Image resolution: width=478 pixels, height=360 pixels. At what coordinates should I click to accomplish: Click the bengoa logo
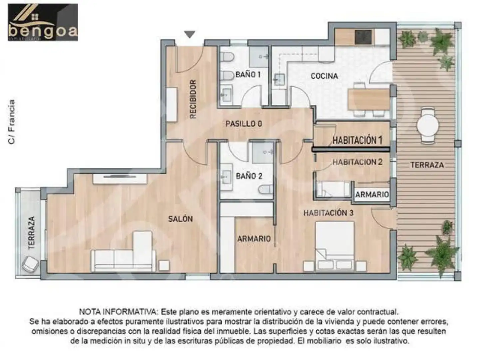click(x=43, y=22)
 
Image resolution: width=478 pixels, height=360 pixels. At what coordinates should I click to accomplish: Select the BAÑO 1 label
click(x=248, y=75)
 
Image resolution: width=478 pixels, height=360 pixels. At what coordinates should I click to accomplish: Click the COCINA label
click(x=324, y=76)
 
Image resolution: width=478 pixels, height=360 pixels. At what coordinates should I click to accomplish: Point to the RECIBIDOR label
click(x=193, y=99)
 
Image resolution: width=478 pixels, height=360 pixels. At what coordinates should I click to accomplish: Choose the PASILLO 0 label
click(x=243, y=124)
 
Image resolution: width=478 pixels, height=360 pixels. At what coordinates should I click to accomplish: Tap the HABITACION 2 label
click(x=357, y=162)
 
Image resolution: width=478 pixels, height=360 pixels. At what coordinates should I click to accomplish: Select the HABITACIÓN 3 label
click(x=328, y=213)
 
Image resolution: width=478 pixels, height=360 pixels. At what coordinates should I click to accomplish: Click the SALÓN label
click(x=180, y=219)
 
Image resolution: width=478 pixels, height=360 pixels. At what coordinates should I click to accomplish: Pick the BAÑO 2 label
click(x=249, y=176)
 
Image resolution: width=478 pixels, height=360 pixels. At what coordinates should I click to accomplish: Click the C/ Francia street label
click(x=12, y=122)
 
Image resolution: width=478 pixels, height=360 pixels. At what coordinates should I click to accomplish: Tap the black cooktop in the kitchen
click(x=363, y=37)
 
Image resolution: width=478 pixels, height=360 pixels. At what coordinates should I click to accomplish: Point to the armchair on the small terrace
click(x=30, y=264)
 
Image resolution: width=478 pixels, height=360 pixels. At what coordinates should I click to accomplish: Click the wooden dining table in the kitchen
click(x=368, y=99)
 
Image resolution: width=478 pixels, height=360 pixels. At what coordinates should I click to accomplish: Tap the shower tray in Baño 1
click(x=259, y=57)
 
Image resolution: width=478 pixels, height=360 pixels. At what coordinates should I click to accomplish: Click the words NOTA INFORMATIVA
click(x=118, y=312)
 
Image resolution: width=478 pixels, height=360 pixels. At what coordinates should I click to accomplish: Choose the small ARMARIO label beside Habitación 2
click(x=372, y=195)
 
